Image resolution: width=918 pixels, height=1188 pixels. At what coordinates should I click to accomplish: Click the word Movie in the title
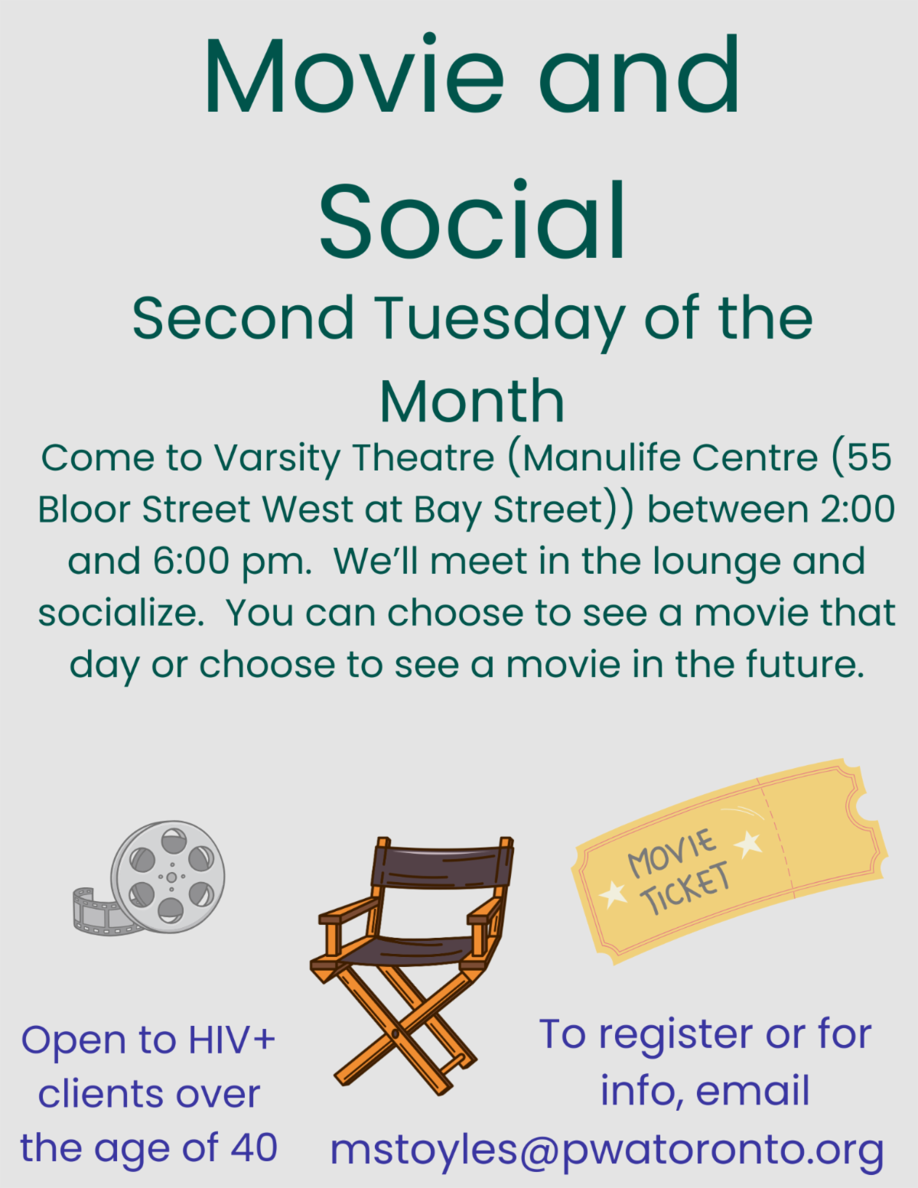(353, 73)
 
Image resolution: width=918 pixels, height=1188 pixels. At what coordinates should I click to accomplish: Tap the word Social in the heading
(473, 219)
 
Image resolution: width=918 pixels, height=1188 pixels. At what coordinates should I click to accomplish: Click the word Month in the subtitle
(472, 402)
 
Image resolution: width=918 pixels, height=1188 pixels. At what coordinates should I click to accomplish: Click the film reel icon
(148, 877)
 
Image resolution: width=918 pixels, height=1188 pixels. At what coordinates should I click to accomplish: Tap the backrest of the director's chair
(441, 867)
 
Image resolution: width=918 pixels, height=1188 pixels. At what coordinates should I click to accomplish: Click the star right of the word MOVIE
(748, 844)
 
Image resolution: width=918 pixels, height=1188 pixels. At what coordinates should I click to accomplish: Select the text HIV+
(232, 1040)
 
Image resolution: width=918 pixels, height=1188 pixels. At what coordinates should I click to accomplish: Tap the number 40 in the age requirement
(254, 1147)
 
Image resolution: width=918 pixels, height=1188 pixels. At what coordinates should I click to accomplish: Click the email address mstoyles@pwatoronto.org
(607, 1150)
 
